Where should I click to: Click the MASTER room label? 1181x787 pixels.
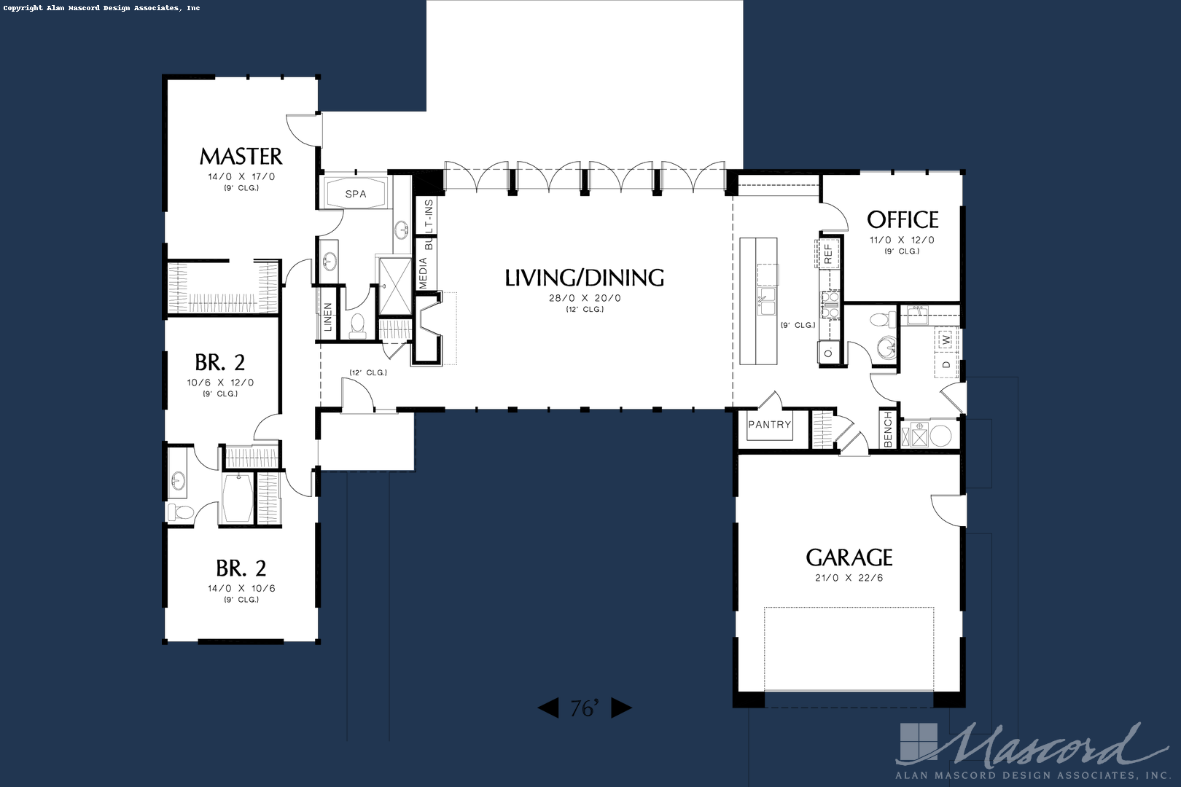point(241,156)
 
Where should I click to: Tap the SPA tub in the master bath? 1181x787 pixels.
point(355,193)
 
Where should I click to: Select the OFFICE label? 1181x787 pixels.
point(903,219)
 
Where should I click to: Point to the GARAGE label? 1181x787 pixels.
point(849,557)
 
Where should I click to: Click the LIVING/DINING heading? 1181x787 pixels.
point(584,278)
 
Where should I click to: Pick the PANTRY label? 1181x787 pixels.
point(770,424)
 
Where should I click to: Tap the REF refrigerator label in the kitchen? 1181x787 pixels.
point(827,254)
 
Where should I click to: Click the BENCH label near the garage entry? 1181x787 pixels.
point(888,430)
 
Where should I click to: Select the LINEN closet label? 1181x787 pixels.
point(328,317)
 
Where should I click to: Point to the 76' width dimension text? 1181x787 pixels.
point(585,708)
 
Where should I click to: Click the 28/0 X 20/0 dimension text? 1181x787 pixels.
point(585,298)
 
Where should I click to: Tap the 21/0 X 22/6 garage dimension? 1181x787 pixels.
point(849,578)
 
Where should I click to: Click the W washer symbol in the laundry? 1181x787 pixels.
point(947,340)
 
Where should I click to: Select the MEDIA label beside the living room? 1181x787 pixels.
point(423,273)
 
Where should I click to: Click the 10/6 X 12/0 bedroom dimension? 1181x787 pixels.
point(220,383)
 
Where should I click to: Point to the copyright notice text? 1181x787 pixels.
point(102,8)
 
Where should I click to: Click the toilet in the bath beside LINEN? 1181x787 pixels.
point(357,326)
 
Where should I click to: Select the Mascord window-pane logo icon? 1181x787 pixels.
point(919,743)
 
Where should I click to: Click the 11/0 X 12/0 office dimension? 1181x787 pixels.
point(902,240)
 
